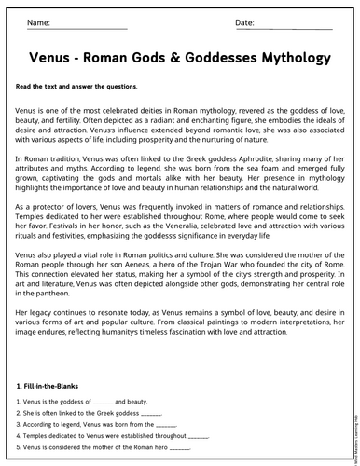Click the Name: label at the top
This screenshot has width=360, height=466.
[38, 21]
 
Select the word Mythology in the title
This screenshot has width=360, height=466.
[288, 58]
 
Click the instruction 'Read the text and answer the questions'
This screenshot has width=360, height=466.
[76, 87]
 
